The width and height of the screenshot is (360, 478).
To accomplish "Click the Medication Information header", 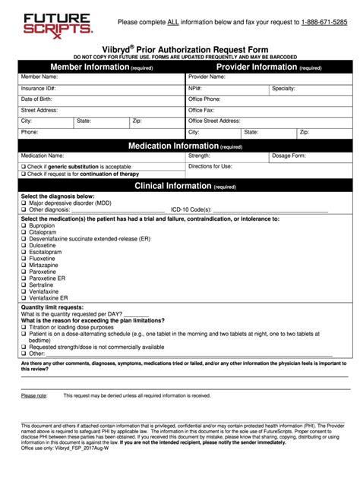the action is [x=185, y=145].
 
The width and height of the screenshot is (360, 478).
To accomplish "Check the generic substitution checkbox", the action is [x=24, y=165].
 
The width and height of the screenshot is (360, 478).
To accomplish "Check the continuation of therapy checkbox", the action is [x=24, y=174].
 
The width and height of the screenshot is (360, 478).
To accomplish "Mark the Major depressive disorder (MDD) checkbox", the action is [x=24, y=203].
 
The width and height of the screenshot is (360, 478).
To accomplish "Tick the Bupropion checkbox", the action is [x=24, y=225].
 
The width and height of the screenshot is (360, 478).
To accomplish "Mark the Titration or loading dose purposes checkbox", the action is [x=24, y=326].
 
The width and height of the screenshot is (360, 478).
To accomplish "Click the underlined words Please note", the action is [x=33, y=395].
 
